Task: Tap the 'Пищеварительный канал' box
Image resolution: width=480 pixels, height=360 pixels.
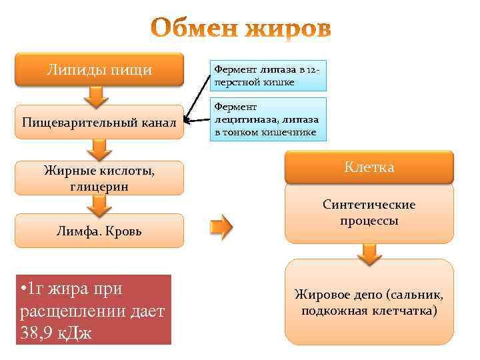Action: (x=99, y=122)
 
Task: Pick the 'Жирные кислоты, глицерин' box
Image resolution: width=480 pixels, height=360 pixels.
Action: (x=99, y=178)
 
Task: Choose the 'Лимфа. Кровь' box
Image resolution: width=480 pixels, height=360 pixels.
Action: (x=99, y=231)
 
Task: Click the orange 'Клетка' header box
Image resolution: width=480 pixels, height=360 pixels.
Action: (x=369, y=167)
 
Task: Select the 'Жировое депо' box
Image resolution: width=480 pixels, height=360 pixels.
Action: (x=369, y=302)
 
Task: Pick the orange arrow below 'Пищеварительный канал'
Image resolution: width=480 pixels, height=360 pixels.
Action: (x=99, y=149)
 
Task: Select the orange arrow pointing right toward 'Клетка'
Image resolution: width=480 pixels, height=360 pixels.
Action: (x=222, y=227)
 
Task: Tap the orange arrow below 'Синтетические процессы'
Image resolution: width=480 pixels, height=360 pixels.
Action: (x=369, y=252)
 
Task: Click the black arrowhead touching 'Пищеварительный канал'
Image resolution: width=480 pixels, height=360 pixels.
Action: (x=188, y=121)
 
